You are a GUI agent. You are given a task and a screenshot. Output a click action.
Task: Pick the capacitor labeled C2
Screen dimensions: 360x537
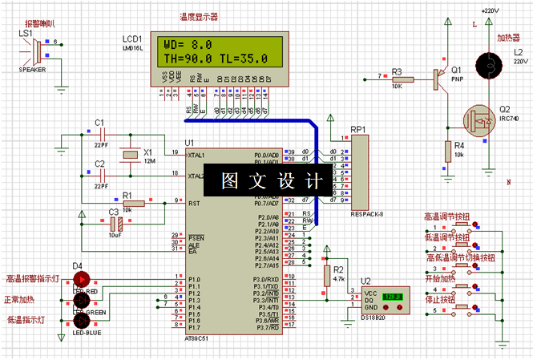point(101,175)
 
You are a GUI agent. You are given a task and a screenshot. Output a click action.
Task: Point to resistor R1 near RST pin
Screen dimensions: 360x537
point(132,204)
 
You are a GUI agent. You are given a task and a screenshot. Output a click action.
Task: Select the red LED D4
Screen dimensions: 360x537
point(82,278)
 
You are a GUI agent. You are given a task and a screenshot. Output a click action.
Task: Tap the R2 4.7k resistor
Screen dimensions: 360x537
point(326,275)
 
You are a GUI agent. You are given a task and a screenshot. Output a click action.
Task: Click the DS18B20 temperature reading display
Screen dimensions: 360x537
point(393,297)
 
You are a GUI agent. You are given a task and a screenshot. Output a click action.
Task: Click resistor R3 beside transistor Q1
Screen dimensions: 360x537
point(402,79)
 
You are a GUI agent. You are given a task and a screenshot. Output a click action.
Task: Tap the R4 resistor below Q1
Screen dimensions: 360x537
point(448,150)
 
